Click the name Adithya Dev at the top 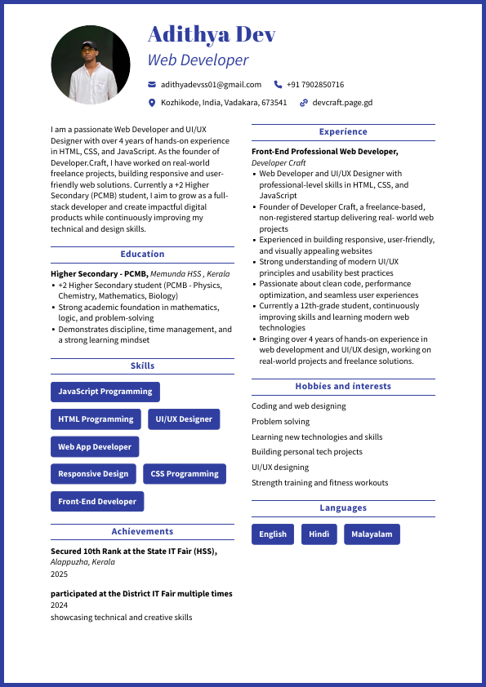click(x=212, y=34)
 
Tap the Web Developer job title click(x=198, y=60)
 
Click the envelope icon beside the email click(x=152, y=85)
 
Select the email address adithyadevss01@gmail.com click(x=211, y=85)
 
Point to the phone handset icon click(x=278, y=85)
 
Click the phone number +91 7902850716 click(x=315, y=85)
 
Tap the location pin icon click(x=152, y=103)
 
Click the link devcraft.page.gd click(x=342, y=103)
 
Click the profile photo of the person click(x=91, y=64)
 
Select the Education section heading click(x=142, y=255)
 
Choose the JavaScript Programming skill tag click(x=105, y=392)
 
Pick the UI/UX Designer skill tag click(x=184, y=419)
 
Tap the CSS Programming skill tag click(x=185, y=474)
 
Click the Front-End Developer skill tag click(x=97, y=502)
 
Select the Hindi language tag click(x=319, y=534)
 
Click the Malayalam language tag click(x=372, y=534)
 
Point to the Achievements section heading click(x=142, y=532)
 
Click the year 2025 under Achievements click(x=60, y=574)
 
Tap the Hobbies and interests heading click(x=343, y=387)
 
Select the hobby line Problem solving click(x=281, y=422)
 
